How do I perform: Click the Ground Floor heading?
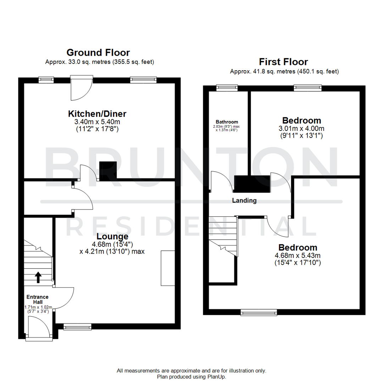pos(98,52)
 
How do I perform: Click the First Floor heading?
pos(283,62)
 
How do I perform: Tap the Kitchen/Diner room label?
pos(97,114)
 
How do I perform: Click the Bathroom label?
pos(227,122)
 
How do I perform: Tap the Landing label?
pos(244,200)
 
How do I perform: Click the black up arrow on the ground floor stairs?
pos(38,277)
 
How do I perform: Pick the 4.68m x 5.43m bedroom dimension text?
pos(298,255)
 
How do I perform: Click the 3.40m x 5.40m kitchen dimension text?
pos(97,122)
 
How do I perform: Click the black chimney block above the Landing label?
pos(252,184)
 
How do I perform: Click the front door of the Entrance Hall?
pos(39,328)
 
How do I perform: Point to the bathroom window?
pos(227,87)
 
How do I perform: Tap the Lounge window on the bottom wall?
pos(77,326)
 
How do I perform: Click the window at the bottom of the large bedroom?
pos(259,312)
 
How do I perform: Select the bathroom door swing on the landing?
pos(221,182)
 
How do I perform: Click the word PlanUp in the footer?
pos(216,377)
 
